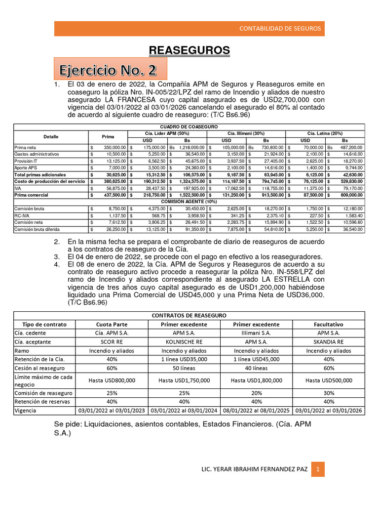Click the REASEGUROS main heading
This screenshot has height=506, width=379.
coord(189,50)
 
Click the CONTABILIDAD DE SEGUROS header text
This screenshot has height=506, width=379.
coord(280,28)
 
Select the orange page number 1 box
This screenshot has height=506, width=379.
coord(318,469)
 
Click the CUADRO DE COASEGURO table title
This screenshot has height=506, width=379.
coord(189,127)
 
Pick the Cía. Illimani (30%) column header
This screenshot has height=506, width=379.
coord(246,133)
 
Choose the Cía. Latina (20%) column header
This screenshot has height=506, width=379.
coord(325,133)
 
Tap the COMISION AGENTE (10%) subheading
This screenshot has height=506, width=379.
coord(189,202)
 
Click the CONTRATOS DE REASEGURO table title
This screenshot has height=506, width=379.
coord(189,315)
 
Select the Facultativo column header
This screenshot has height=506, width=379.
coord(329,324)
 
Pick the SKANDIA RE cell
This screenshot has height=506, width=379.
coord(329,342)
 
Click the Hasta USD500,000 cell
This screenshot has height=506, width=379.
coord(329,380)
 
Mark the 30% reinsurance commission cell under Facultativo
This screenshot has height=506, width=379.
coord(329,393)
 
